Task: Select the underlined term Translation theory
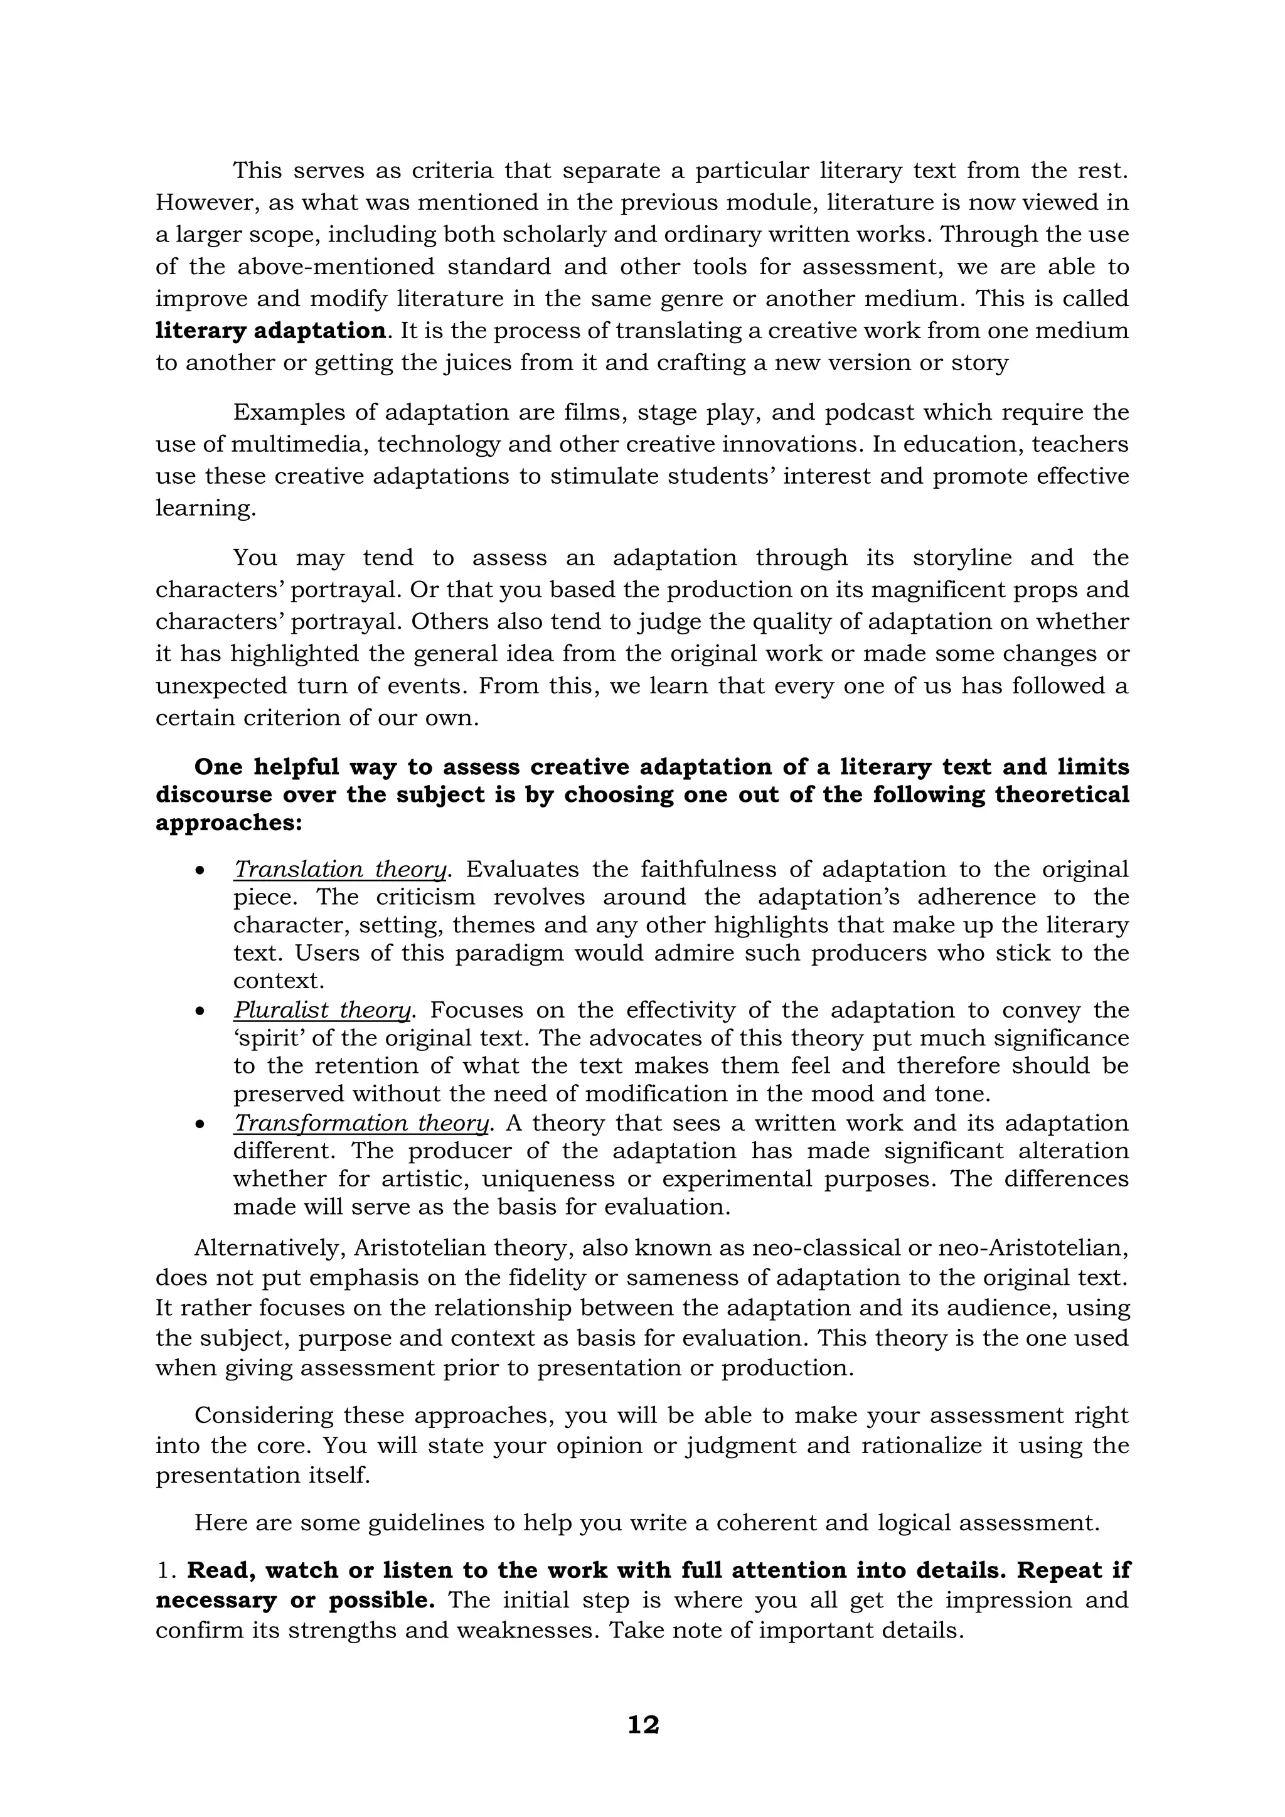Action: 340,870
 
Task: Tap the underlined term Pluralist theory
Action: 322,1011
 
